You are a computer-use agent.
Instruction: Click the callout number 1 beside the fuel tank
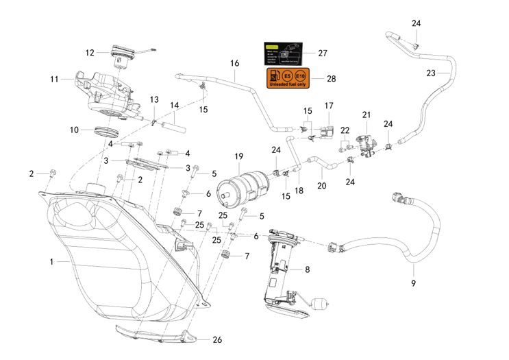coord(51,261)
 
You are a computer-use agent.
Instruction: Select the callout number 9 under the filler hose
coord(413,283)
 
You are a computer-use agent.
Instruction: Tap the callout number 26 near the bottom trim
coord(217,339)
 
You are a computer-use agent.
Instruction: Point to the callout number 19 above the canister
coord(239,157)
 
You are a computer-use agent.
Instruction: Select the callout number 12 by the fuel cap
coord(90,52)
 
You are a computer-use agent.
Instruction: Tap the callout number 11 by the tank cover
coord(55,79)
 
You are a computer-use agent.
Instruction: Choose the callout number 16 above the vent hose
coord(234,64)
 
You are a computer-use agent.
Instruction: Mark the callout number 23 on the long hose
coord(430,73)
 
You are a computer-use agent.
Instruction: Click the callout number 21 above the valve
coord(366,114)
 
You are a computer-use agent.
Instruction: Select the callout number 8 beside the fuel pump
coord(306,269)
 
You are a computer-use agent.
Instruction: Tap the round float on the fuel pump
coord(319,302)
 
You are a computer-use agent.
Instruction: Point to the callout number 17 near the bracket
coord(329,106)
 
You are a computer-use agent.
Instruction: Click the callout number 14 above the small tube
coord(174,106)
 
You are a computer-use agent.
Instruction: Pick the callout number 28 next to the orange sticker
coord(331,79)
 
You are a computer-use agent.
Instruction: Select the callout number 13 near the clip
coord(154,100)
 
